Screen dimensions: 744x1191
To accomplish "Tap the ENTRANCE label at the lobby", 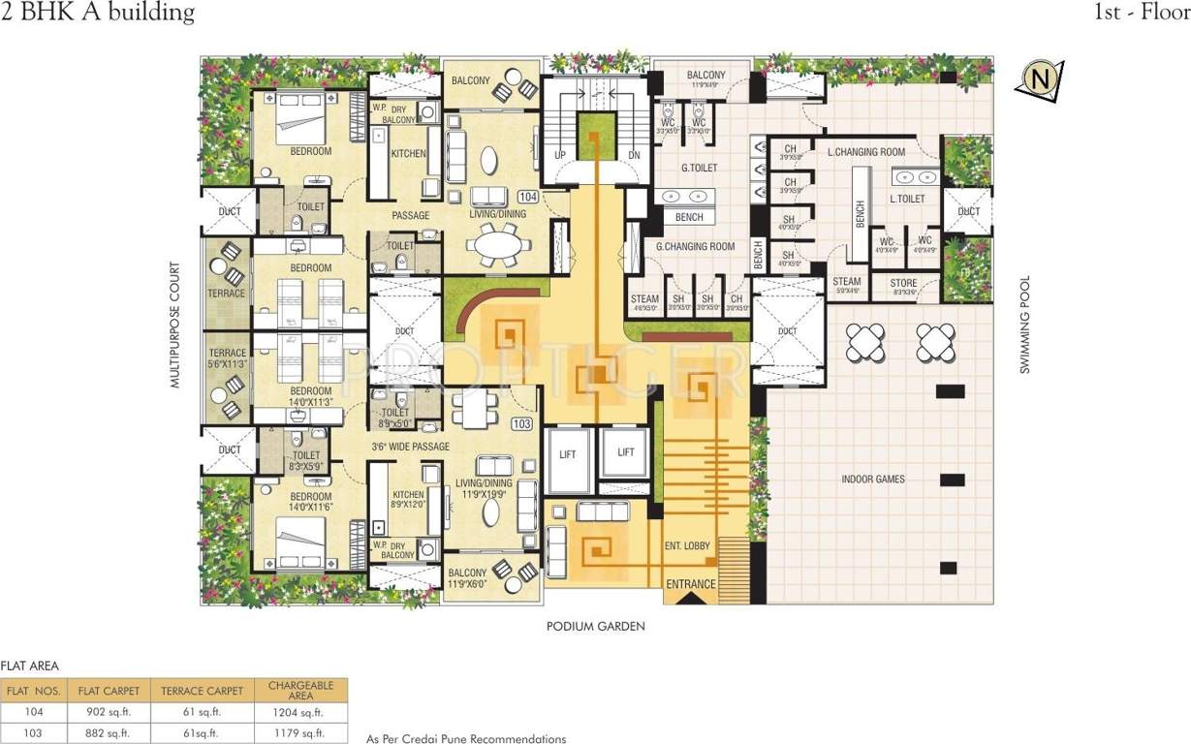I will pyautogui.click(x=690, y=584).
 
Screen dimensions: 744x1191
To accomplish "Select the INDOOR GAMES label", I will pyautogui.click(x=872, y=479).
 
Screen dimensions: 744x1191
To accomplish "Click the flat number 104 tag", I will pyautogui.click(x=527, y=197).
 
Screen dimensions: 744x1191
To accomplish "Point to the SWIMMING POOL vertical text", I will pyautogui.click(x=1023, y=325).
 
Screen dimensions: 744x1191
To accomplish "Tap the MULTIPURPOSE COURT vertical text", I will pyautogui.click(x=176, y=325).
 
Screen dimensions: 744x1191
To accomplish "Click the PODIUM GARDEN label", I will pyautogui.click(x=595, y=627).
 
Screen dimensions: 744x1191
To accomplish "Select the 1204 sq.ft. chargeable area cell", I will pyautogui.click(x=300, y=713).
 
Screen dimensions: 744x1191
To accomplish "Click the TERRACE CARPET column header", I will pyautogui.click(x=202, y=691).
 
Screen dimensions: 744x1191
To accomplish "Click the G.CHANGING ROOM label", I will pyautogui.click(x=695, y=247).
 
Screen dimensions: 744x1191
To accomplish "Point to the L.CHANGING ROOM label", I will pyautogui.click(x=866, y=152).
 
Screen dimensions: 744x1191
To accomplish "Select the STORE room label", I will pyautogui.click(x=903, y=284).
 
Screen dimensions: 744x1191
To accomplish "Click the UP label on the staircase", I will pyautogui.click(x=559, y=155).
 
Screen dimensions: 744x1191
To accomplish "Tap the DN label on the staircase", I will pyautogui.click(x=634, y=155).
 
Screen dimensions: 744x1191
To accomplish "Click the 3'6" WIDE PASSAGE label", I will pyautogui.click(x=411, y=447).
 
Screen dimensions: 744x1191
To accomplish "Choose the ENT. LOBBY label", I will pyautogui.click(x=687, y=545).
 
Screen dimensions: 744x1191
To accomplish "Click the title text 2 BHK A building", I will pyautogui.click(x=98, y=14).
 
